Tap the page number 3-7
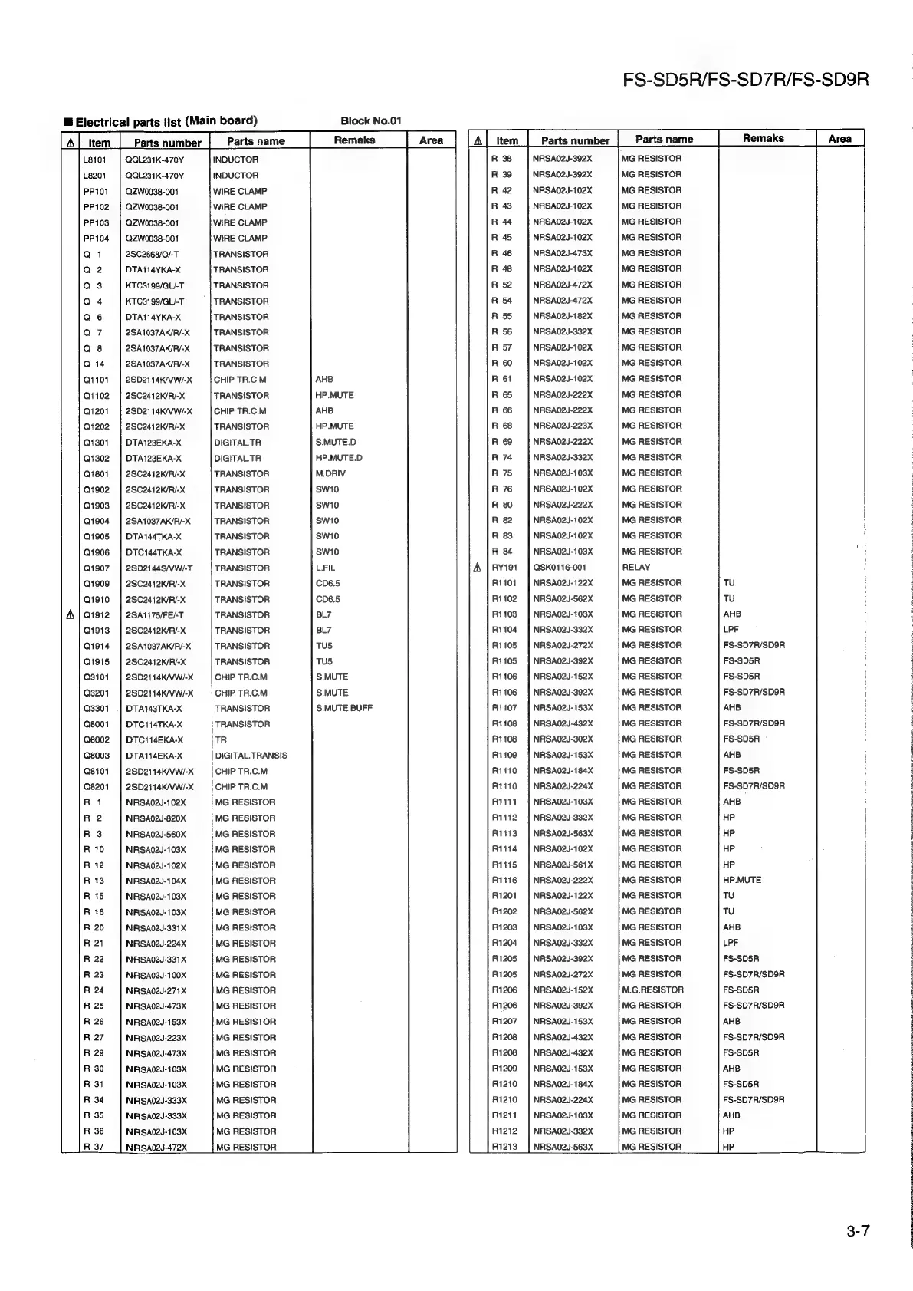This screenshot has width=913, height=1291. pos(859,1232)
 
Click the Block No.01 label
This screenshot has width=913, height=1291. pos(370,120)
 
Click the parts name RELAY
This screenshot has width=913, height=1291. pos(635,568)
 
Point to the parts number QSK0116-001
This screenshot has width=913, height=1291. pos(560,568)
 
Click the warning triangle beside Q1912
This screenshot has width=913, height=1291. pos(71,615)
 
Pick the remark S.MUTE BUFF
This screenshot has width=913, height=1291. pos(344,708)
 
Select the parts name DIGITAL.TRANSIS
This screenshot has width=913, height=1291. pos(251,756)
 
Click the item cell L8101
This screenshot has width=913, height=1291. pos(95,160)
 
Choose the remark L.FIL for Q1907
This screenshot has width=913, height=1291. pos(325,568)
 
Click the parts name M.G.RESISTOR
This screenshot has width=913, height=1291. pos(652,990)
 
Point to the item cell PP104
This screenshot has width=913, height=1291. pos(96,239)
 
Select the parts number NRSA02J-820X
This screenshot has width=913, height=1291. pos(156,818)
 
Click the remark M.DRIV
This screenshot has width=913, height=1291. pos(330,474)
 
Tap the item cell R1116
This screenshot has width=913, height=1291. pos(504,880)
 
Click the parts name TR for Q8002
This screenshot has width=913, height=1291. pos(221,740)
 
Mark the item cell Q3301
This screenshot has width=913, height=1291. pos(96,709)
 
